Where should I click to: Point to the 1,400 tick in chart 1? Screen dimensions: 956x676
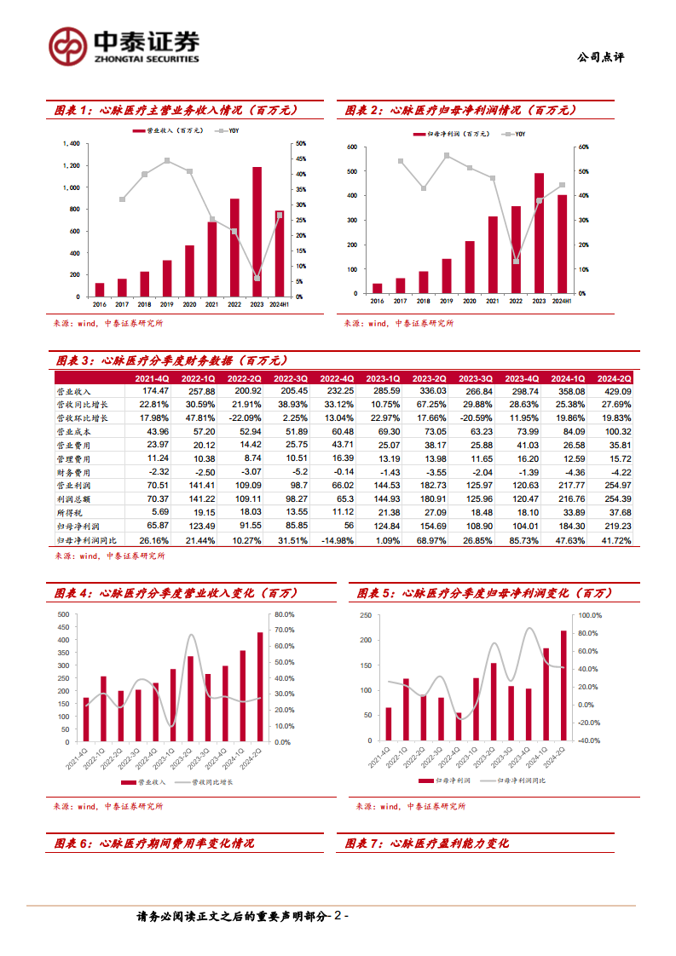72,143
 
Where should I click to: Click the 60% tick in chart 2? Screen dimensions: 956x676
583,147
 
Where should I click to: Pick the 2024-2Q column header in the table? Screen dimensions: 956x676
613,378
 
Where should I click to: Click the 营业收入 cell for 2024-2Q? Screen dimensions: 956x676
613,390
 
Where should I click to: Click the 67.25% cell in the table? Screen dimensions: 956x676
428,403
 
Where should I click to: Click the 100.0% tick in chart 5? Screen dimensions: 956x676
590,615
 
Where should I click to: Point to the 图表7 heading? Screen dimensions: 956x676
426,844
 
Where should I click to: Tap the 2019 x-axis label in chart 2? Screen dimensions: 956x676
447,301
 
